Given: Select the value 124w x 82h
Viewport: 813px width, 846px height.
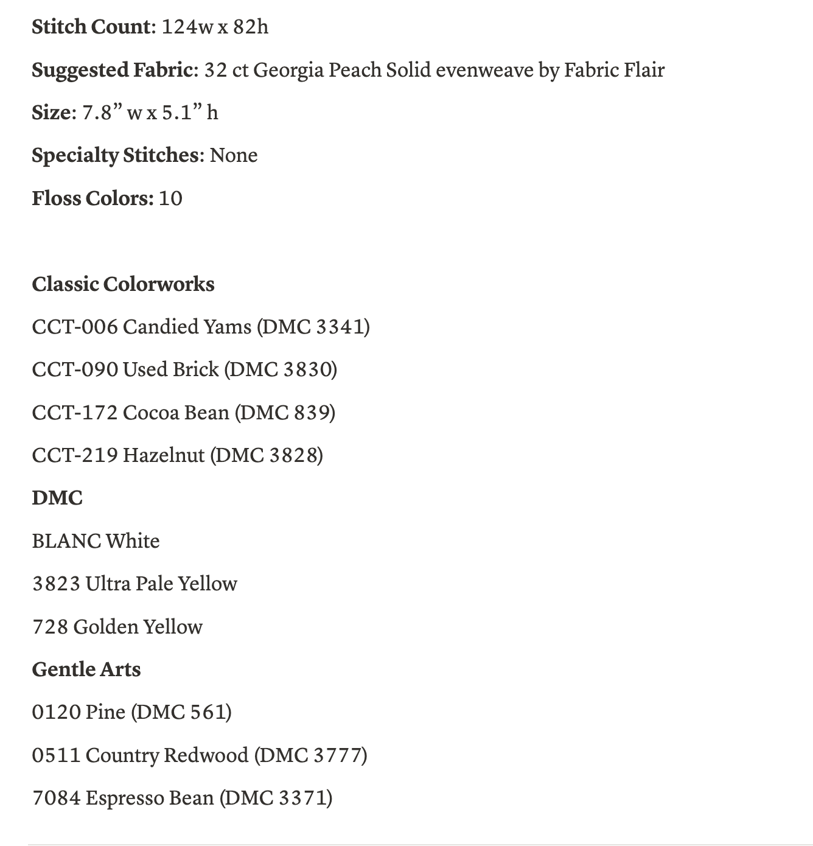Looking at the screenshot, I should tap(215, 27).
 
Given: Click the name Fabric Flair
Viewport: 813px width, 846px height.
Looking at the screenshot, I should tap(614, 70).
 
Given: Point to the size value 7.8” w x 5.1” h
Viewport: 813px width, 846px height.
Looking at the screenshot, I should tap(150, 113).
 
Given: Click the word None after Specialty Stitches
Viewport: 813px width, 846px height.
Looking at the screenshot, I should tap(234, 155).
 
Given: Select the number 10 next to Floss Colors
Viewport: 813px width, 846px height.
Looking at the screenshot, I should tap(170, 198).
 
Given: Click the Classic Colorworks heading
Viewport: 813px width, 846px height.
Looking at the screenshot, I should tap(123, 284).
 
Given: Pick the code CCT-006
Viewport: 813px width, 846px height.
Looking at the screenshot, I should tap(74, 327).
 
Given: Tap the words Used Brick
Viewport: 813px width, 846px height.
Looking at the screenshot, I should tap(170, 369).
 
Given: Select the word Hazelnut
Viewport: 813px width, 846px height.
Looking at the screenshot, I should tap(164, 455).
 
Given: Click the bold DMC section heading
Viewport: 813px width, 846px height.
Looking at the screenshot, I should tap(57, 498).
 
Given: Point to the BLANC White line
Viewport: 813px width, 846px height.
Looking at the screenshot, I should tap(96, 541).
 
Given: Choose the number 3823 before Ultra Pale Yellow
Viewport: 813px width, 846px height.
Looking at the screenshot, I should tap(56, 584).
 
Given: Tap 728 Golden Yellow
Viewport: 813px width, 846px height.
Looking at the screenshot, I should tap(117, 627).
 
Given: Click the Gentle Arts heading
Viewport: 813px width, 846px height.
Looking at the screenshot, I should tap(86, 669).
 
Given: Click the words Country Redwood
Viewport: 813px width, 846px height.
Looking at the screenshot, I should tap(167, 755).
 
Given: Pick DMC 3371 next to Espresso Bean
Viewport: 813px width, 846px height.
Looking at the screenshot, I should tap(276, 798).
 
